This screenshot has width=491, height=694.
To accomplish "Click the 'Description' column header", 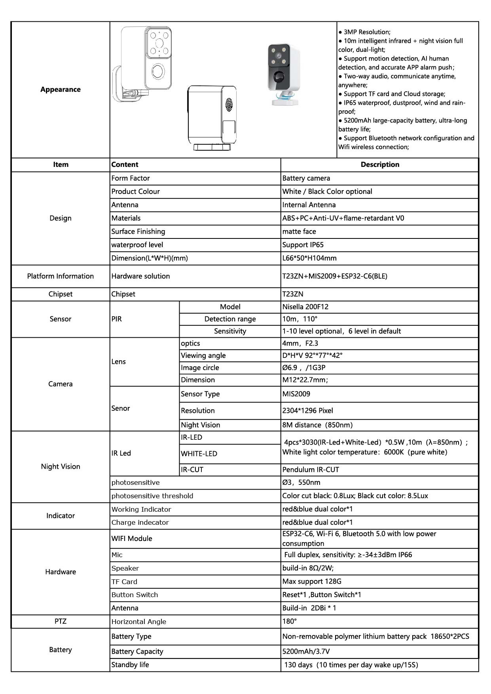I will click(x=379, y=165).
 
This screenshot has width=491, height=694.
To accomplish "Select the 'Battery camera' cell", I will click(x=306, y=178).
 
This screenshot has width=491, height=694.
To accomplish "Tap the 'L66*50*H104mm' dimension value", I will click(x=309, y=258).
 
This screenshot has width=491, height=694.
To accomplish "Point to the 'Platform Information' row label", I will click(x=61, y=276).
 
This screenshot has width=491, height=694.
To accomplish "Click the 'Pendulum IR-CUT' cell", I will click(x=310, y=470).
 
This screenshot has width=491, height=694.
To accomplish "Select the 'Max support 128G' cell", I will click(x=311, y=581).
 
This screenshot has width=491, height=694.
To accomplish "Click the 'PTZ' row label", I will click(x=61, y=621).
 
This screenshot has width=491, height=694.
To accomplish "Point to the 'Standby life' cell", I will click(x=130, y=665).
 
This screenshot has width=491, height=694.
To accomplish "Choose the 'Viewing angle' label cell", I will click(x=203, y=356).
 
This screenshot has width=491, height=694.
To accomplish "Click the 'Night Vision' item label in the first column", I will click(x=61, y=467).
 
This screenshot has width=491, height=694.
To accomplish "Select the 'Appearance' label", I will click(x=61, y=89).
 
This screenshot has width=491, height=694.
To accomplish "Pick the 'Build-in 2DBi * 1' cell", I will click(x=309, y=608).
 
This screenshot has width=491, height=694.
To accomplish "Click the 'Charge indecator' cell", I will click(x=140, y=522).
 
